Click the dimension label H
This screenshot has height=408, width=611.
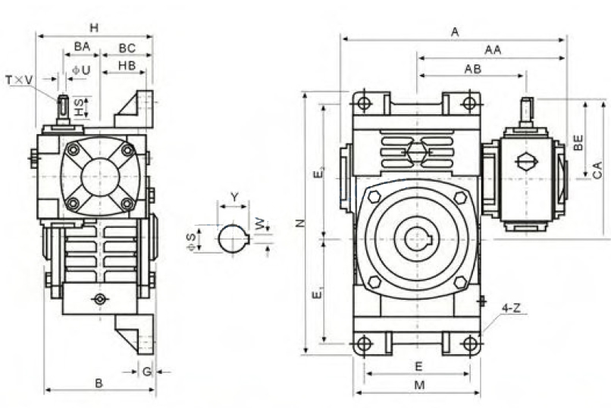pos(94,28)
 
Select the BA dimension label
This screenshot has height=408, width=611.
pos(82,47)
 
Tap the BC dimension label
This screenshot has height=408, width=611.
pos(127,48)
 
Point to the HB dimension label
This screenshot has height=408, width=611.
pos(127,66)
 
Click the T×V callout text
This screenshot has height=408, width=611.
pos(19,80)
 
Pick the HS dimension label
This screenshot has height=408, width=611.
pos(79,107)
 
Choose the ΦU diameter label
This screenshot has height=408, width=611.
pos(81,70)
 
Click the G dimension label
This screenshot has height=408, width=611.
pos(147,372)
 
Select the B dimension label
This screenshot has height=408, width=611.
pos(99,383)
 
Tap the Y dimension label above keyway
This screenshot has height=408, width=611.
pos(234,198)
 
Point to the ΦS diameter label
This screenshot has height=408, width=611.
pos(191,242)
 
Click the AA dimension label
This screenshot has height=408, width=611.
pos(493,50)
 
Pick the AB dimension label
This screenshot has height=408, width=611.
pos(473,69)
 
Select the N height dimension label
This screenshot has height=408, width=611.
pos(300,223)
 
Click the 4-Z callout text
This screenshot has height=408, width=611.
pos(511,308)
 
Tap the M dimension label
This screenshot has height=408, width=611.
pos(419,385)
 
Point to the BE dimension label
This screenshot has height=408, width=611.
pos(578,142)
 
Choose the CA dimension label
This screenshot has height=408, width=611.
pos(597,170)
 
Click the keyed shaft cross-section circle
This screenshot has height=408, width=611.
pos(233,239)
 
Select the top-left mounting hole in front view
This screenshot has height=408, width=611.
pos(364,104)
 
